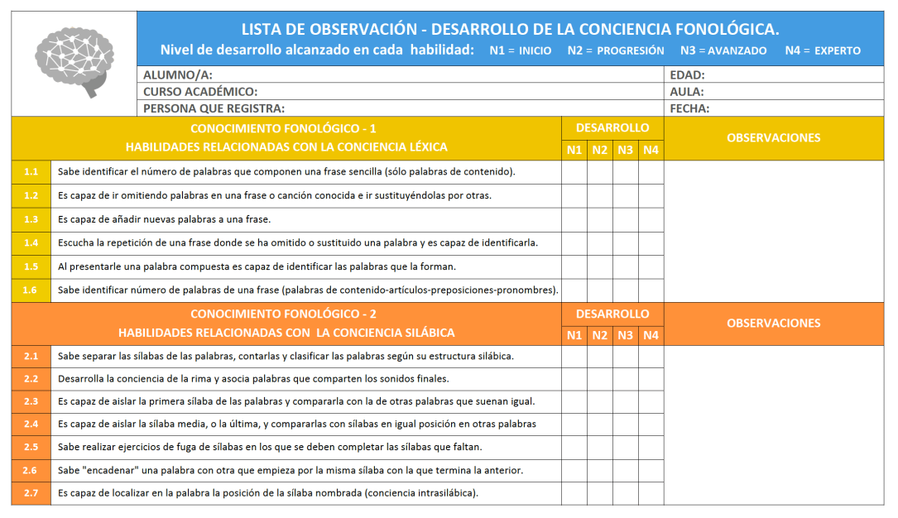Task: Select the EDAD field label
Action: tap(687, 74)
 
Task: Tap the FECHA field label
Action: tap(689, 108)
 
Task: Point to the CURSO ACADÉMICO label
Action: tap(200, 91)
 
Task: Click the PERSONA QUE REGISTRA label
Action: tap(214, 108)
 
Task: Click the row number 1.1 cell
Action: tap(31, 172)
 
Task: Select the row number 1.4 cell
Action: tap(31, 242)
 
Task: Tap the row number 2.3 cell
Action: tap(31, 401)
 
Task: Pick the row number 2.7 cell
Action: tap(31, 493)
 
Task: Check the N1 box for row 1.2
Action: tap(574, 196)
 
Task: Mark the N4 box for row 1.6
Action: tap(651, 290)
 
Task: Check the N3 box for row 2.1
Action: tap(626, 357)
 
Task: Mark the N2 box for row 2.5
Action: tap(600, 447)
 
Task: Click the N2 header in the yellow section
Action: tap(600, 150)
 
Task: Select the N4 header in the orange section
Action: tap(651, 335)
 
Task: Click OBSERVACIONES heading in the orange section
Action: tap(773, 324)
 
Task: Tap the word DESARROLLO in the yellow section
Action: tap(612, 128)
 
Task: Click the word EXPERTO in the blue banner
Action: tap(838, 50)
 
